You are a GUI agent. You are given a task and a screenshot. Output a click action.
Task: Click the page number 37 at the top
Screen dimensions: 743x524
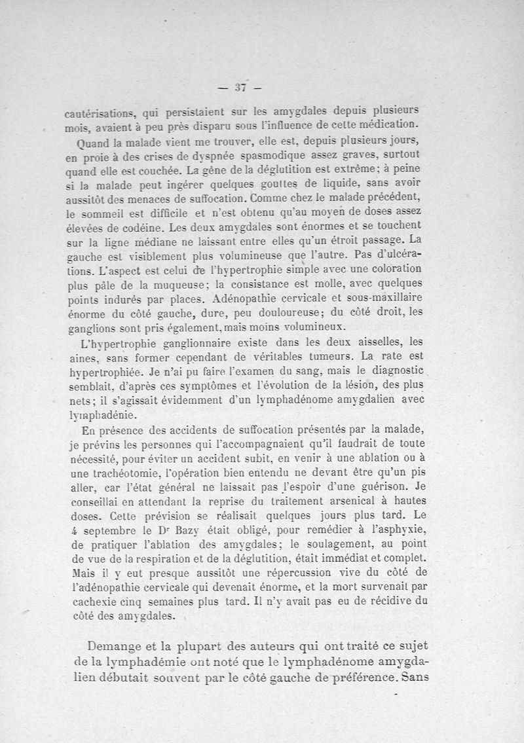point(239,87)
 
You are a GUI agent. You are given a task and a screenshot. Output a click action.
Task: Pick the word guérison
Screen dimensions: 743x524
point(374,486)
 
